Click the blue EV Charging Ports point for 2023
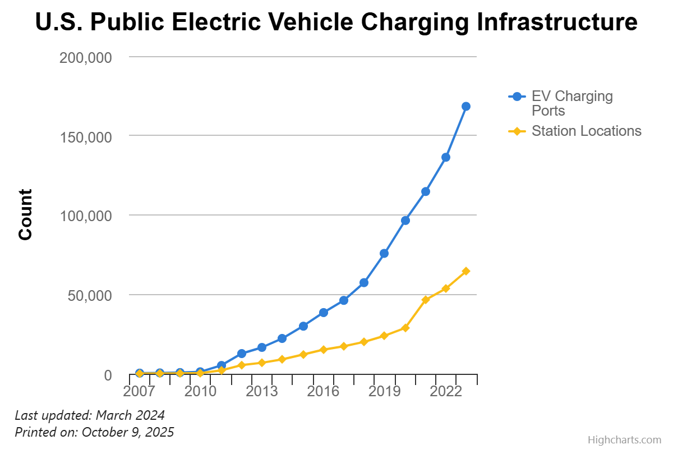click(x=466, y=106)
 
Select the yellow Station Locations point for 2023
click(x=466, y=271)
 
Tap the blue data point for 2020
click(x=405, y=221)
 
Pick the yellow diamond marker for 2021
click(x=426, y=299)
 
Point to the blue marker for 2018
click(x=364, y=282)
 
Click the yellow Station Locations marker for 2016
click(x=324, y=350)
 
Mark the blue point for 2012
click(x=242, y=354)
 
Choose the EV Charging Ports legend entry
click(x=571, y=103)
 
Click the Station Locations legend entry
click(x=586, y=131)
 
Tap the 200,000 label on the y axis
click(x=86, y=57)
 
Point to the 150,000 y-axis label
click(x=86, y=137)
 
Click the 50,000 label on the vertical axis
click(x=90, y=296)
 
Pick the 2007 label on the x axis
click(x=139, y=391)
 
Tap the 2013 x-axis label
click(x=262, y=391)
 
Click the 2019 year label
click(x=384, y=391)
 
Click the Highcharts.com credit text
click(x=624, y=440)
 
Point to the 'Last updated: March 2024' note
click(x=90, y=415)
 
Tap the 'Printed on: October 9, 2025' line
click(x=94, y=432)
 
